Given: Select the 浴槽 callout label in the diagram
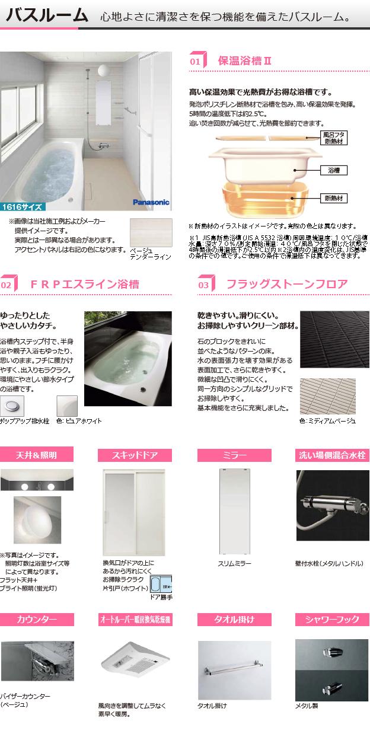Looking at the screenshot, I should [x=333, y=170].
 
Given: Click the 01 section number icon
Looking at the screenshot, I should [x=198, y=60].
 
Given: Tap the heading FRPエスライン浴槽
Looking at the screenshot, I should [x=85, y=285].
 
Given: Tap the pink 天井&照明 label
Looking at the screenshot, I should [x=37, y=455].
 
